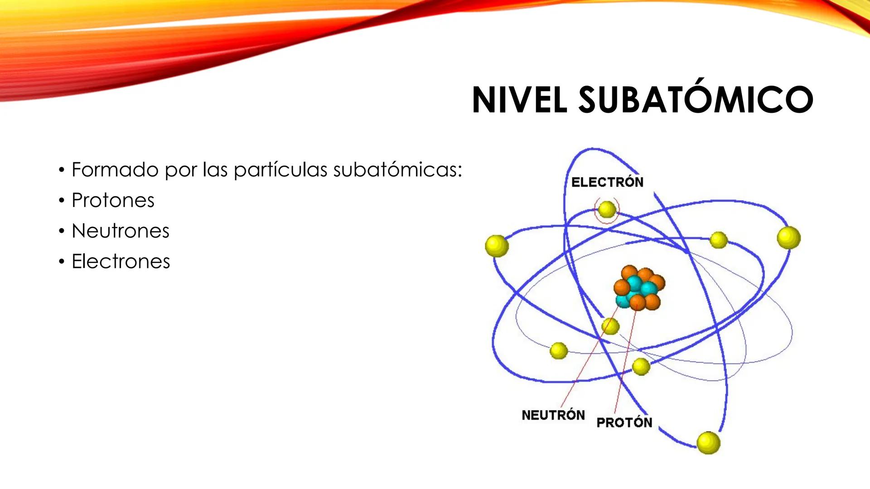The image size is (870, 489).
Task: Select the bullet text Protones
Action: (x=113, y=200)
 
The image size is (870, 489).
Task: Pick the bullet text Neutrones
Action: (x=120, y=231)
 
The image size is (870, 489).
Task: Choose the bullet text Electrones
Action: (x=121, y=261)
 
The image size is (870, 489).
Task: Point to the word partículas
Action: (x=280, y=170)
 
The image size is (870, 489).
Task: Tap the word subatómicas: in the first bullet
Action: (x=397, y=170)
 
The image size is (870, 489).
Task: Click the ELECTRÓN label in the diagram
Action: (x=607, y=182)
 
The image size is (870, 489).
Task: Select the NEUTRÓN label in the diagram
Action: (x=553, y=415)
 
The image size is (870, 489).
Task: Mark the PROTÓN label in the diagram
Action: (x=624, y=422)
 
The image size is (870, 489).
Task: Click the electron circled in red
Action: (x=607, y=210)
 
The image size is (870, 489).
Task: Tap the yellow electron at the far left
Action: (x=497, y=246)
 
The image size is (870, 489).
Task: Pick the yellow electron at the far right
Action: (x=788, y=238)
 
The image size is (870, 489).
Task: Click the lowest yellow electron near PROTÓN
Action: (x=708, y=442)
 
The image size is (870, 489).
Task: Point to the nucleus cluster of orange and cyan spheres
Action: (x=639, y=288)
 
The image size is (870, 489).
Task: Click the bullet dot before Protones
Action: (x=62, y=201)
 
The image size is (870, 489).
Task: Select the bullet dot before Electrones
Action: (x=62, y=262)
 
